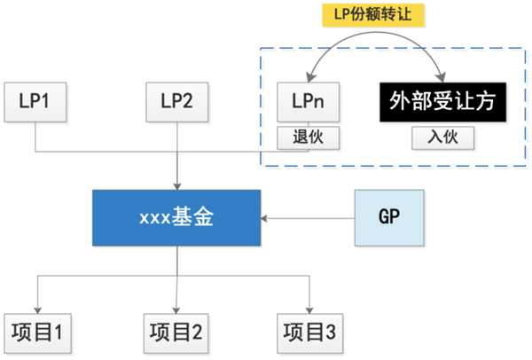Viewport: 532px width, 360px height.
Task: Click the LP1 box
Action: point(35,102)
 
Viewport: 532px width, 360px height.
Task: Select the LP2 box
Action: point(178,102)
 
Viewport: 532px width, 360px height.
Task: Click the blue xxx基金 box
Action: point(178,217)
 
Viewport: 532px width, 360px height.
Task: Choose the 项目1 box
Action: point(35,333)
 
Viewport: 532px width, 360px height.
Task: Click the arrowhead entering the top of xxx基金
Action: point(178,184)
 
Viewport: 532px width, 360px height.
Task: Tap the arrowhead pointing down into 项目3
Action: point(309,308)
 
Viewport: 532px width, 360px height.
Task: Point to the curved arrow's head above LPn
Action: point(312,77)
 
